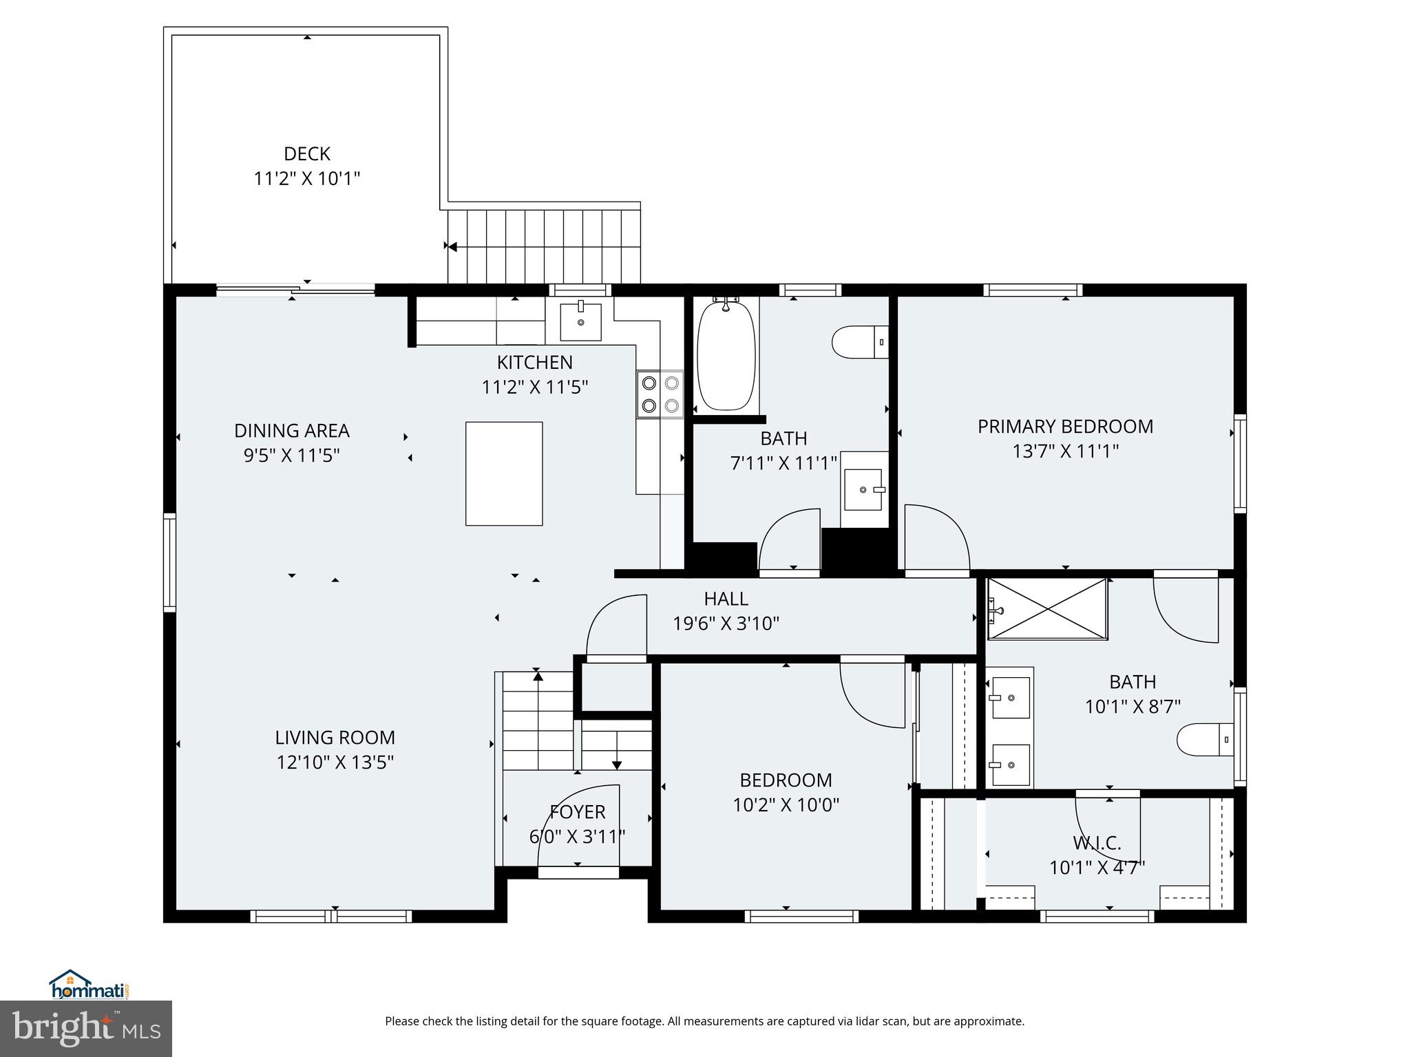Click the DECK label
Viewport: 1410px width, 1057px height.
coord(307,153)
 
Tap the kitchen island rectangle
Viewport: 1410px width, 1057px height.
coord(504,473)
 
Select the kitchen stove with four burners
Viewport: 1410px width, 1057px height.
coord(660,394)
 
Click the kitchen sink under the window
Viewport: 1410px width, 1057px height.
coord(580,321)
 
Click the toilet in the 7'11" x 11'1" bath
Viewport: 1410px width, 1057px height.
coord(859,342)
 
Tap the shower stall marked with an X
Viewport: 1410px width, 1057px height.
coord(1047,609)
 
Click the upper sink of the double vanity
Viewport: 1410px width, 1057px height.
coord(1010,698)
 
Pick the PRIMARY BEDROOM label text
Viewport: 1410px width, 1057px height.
coord(1065,427)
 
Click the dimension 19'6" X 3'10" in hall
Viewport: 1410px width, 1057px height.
coord(726,623)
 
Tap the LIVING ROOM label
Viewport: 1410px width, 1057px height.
coord(335,738)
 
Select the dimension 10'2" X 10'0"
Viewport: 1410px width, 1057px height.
coord(786,804)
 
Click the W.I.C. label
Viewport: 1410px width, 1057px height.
coord(1097,842)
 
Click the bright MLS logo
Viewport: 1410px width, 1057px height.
coord(86,1029)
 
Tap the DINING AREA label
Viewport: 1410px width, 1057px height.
coord(292,431)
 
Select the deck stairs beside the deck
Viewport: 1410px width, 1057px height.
coord(544,246)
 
